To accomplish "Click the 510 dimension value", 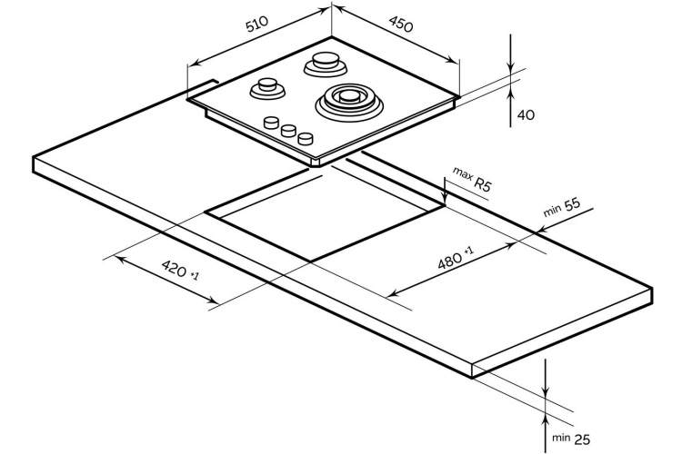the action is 257,25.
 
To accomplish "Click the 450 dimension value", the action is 401,25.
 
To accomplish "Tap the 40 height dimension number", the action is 527,115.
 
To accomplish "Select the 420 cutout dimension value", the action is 175,269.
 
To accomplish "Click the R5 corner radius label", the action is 482,184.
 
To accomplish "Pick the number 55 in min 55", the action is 572,204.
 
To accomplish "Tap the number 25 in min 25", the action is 582,439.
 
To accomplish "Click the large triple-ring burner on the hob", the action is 349,102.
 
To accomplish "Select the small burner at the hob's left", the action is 267,88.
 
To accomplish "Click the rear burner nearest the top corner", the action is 326,64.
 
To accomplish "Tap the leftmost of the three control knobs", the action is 271,123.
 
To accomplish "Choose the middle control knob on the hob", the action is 288,131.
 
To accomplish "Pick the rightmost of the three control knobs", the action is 306,139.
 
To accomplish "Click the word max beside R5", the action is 462,173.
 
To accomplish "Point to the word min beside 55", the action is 552,212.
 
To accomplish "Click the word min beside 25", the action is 561,438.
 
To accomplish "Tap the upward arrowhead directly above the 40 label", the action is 511,89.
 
